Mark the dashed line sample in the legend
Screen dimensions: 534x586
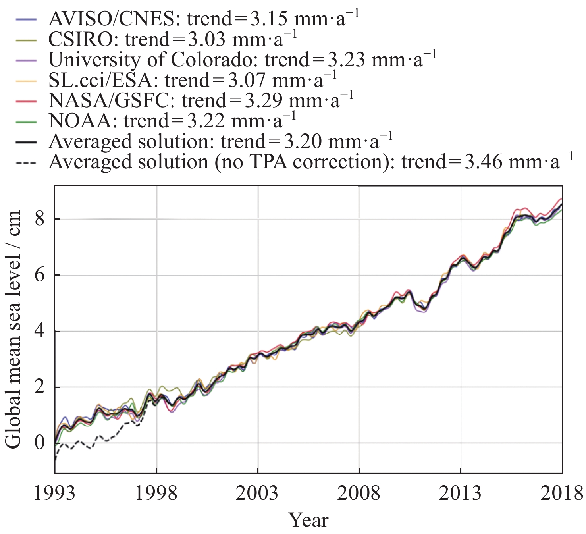coord(26,162)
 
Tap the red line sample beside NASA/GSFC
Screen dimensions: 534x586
coord(26,101)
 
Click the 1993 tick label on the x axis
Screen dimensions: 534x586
coord(54,494)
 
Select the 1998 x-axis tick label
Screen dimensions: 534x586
coord(156,494)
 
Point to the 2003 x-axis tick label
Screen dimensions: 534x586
coord(257,494)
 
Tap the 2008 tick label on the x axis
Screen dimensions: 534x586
coord(359,494)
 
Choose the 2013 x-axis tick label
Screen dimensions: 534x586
coord(461,494)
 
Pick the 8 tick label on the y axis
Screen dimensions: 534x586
coord(40,219)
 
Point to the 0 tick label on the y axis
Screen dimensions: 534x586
coord(40,443)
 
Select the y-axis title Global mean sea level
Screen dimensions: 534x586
coord(13,330)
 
